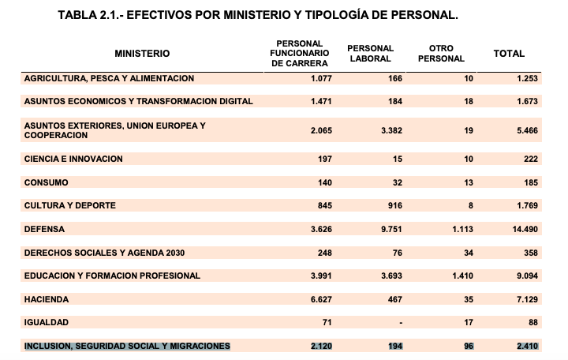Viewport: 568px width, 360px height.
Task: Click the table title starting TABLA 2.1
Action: click(x=257, y=16)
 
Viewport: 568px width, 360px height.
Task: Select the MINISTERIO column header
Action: click(x=142, y=54)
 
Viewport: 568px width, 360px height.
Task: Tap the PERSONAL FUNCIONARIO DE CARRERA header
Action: click(x=299, y=54)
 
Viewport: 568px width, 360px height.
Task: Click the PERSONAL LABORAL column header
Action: click(x=371, y=54)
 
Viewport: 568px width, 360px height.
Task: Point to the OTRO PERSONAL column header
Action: click(x=441, y=54)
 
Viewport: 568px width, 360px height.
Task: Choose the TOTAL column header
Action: click(x=509, y=54)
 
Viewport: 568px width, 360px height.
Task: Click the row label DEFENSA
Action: click(x=45, y=229)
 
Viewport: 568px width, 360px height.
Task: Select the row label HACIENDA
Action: click(x=47, y=299)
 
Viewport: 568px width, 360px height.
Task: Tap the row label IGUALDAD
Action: click(x=47, y=322)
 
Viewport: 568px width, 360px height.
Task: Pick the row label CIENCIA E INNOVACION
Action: click(x=73, y=159)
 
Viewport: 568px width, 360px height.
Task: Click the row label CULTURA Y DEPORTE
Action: click(x=70, y=205)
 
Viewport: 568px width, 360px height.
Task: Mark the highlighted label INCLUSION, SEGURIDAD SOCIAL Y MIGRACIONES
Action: click(x=127, y=346)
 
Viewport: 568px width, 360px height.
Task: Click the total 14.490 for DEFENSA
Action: click(x=523, y=229)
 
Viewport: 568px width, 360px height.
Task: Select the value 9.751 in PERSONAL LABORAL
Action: click(x=391, y=229)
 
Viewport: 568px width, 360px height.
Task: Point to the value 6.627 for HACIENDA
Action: click(x=320, y=299)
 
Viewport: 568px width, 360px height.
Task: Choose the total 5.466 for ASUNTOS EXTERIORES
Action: click(x=525, y=130)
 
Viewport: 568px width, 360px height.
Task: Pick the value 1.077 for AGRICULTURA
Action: click(x=320, y=78)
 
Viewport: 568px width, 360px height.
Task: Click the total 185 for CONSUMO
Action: click(x=530, y=182)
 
